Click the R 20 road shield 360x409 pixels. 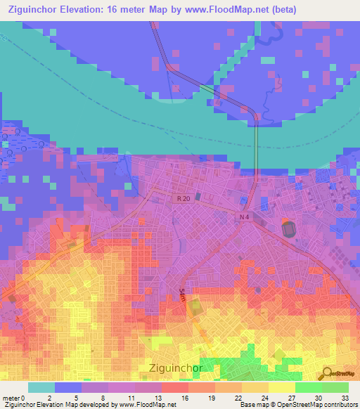pyautogui.click(x=183, y=199)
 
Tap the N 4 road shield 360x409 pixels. pyautogui.click(x=243, y=218)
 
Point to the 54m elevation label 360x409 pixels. pyautogui.click(x=181, y=296)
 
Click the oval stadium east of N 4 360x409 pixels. pyautogui.click(x=288, y=228)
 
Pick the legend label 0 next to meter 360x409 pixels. pyautogui.click(x=24, y=398)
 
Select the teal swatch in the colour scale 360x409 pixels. pyautogui.click(x=41, y=387)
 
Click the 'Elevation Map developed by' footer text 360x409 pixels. pyautogui.click(x=77, y=405)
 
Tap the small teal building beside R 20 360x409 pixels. pyautogui.click(x=199, y=196)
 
